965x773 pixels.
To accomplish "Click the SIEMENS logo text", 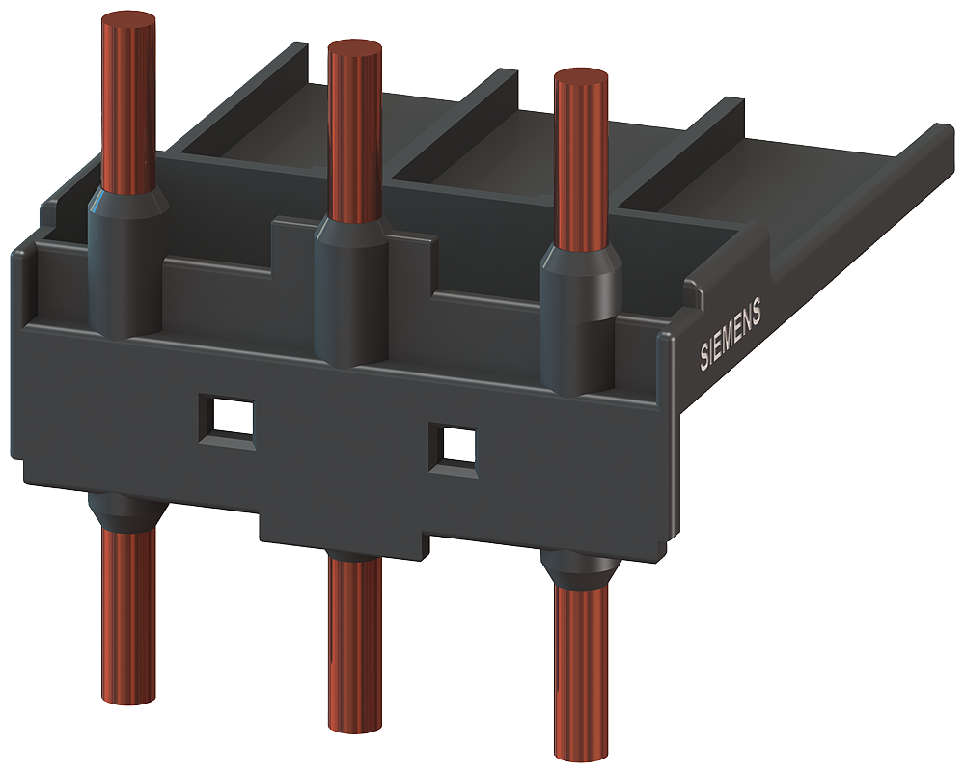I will [x=731, y=334].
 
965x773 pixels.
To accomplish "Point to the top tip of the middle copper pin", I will [x=354, y=48].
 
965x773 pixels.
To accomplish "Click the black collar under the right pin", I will [x=579, y=569].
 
